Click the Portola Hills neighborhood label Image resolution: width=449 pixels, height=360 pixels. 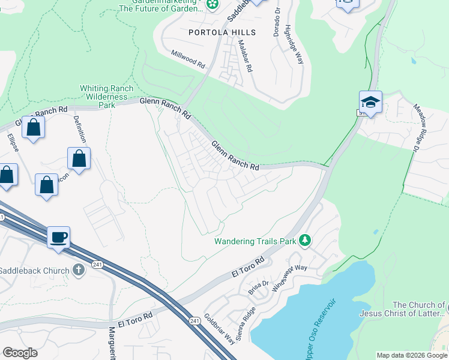222,32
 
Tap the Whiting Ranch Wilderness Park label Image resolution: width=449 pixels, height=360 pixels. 106,97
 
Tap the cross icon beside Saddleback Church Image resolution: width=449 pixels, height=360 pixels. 78,271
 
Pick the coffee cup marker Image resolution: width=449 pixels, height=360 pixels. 58,236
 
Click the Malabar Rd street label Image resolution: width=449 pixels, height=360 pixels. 245,56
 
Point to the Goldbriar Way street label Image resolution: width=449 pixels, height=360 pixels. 219,329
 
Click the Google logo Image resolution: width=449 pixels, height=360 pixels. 20,353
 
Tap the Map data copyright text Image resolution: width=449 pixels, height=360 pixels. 412,355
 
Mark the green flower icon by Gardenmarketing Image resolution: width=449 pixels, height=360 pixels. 212,5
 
